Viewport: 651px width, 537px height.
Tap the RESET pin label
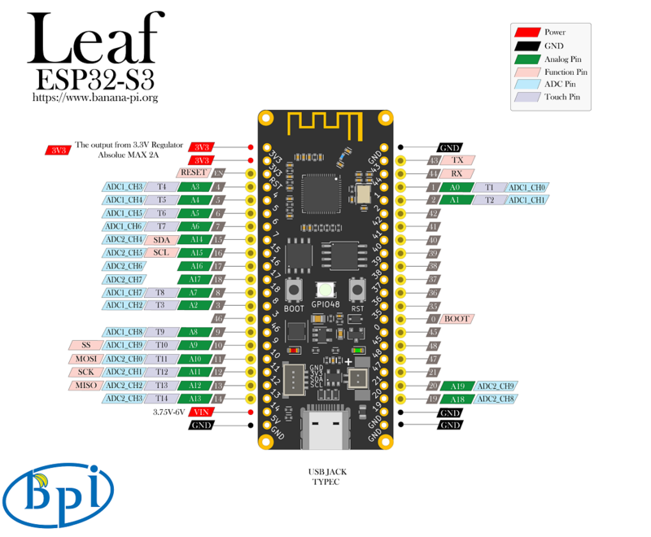tap(193, 172)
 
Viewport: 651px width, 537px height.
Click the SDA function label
tap(161, 240)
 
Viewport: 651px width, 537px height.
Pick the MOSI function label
tap(86, 358)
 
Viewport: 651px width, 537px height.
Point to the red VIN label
tap(201, 413)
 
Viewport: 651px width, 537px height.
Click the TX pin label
tap(458, 160)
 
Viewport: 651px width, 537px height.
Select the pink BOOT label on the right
tap(457, 319)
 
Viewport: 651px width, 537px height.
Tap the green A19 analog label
tap(458, 386)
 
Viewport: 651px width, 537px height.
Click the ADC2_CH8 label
tap(496, 399)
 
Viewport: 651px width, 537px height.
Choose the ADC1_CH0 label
tap(528, 187)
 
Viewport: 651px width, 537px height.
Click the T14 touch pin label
tap(162, 399)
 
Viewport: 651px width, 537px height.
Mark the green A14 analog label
tap(195, 240)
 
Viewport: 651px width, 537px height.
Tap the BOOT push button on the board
tap(295, 290)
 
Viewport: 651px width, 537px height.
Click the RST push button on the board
tap(356, 290)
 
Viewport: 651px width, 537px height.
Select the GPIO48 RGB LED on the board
tap(325, 290)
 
